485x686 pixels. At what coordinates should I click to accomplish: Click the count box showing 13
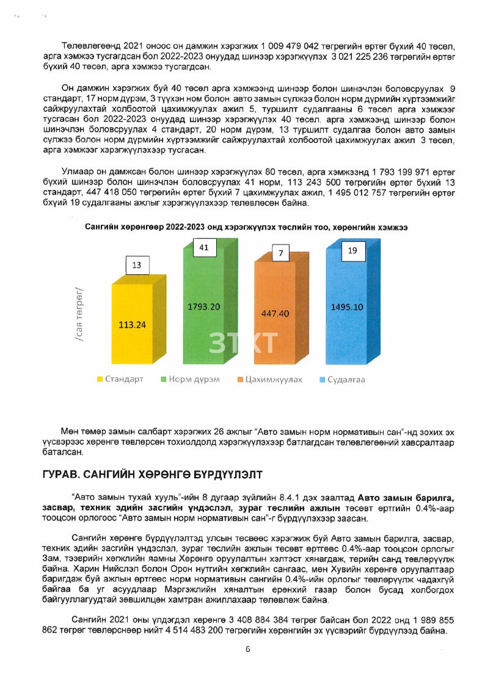[x=137, y=265]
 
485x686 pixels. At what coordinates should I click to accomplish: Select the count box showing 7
[x=281, y=253]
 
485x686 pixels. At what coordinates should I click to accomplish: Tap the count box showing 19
[x=353, y=250]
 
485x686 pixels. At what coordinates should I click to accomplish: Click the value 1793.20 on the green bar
[x=204, y=307]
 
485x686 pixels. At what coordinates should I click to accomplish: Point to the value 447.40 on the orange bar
[x=275, y=313]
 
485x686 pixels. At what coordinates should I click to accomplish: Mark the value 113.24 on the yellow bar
[x=132, y=325]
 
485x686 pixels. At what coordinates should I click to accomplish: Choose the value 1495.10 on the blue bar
[x=347, y=307]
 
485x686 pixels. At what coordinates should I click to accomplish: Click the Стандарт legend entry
[x=120, y=379]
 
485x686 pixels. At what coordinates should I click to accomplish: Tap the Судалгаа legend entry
[x=343, y=380]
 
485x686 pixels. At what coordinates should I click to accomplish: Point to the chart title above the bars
[x=246, y=227]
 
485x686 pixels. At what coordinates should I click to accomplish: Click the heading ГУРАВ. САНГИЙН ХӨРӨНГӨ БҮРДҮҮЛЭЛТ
[x=152, y=474]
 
